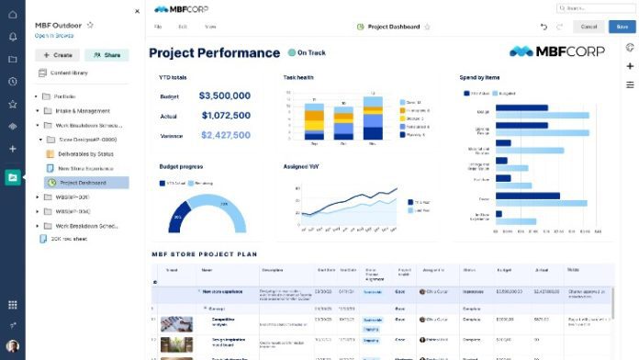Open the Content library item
pos(69,73)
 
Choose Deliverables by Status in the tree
pos(85,153)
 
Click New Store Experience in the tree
pos(85,168)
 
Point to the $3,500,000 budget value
pos(224,96)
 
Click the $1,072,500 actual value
pos(224,116)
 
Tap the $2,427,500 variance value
pos(224,135)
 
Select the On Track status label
pos(310,53)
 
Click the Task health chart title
pos(298,77)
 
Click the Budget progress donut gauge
pos(207,216)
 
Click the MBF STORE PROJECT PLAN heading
pos(204,253)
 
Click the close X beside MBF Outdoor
pos(138,11)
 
